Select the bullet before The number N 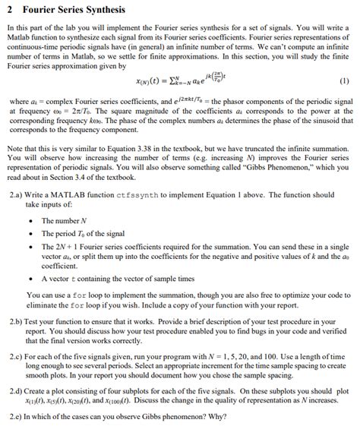click(30, 221)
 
